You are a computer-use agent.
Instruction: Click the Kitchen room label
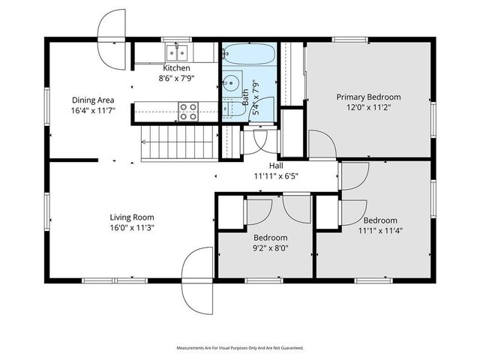pyautogui.click(x=166, y=68)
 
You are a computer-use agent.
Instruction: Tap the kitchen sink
pyautogui.click(x=177, y=52)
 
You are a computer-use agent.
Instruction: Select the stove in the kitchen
pyautogui.click(x=187, y=111)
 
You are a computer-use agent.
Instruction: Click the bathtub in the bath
pyautogui.click(x=250, y=55)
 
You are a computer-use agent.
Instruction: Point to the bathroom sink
pyautogui.click(x=232, y=82)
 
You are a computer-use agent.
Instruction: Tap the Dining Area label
pyautogui.click(x=93, y=100)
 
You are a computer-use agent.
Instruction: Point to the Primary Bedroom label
pyautogui.click(x=368, y=97)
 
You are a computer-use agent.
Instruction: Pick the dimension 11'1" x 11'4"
pyautogui.click(x=380, y=230)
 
